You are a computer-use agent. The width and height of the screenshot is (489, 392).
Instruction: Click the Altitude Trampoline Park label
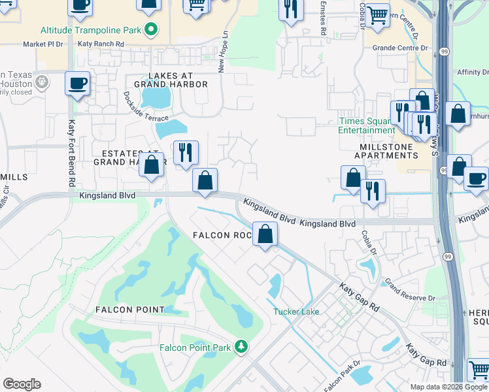91,30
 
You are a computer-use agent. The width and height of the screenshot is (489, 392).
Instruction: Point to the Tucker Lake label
296,312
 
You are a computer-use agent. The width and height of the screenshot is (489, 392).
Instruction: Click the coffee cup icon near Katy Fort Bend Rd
78,84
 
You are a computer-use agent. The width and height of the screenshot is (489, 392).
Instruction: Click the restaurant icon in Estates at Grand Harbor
186,153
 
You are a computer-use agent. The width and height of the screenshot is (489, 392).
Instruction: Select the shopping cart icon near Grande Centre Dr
377,14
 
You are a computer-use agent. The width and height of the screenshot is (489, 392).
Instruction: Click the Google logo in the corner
22,384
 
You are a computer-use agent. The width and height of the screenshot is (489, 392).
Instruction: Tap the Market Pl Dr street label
42,44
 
